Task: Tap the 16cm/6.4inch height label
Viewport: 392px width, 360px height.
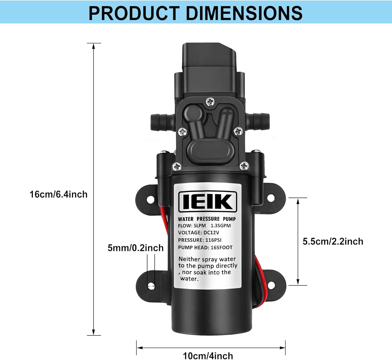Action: pyautogui.click(x=58, y=194)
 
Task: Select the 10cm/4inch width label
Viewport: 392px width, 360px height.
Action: pyautogui.click(x=208, y=355)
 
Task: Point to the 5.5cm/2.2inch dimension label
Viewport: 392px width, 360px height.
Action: pyautogui.click(x=333, y=241)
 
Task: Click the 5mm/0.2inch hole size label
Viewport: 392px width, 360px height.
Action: pyautogui.click(x=136, y=248)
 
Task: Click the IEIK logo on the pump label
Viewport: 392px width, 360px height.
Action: pyautogui.click(x=208, y=202)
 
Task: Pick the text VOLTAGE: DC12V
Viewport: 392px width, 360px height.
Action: pyautogui.click(x=198, y=233)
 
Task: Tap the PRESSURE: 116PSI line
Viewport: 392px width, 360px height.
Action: pyautogui.click(x=200, y=240)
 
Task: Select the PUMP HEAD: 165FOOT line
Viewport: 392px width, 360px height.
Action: pyautogui.click(x=205, y=247)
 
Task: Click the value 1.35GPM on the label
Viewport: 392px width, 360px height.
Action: pyautogui.click(x=221, y=226)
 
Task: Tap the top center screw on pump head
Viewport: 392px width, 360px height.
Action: pyautogui.click(x=210, y=102)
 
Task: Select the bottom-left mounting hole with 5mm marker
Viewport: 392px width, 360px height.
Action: pyautogui.click(x=151, y=286)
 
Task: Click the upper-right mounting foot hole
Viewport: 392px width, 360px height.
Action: pyautogui.click(x=271, y=198)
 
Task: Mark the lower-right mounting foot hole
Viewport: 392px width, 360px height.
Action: pyautogui.click(x=270, y=285)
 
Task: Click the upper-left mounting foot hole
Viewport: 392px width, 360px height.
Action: pyautogui.click(x=150, y=200)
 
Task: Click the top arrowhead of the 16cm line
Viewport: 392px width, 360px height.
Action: pyautogui.click(x=94, y=46)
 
